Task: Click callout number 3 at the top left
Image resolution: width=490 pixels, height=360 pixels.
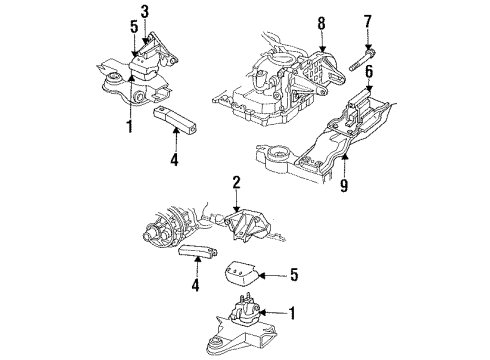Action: point(143,11)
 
